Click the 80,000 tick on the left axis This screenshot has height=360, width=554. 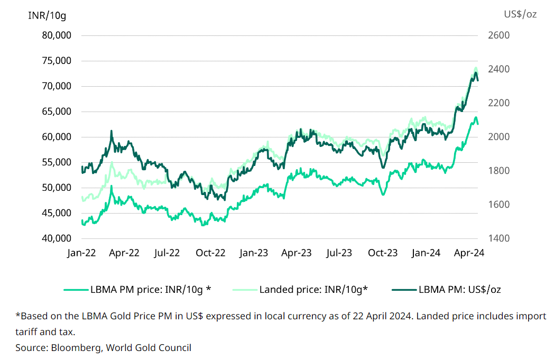pyautogui.click(x=57, y=35)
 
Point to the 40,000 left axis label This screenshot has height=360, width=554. pyautogui.click(x=57, y=238)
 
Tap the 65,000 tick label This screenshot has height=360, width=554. pyautogui.click(x=57, y=112)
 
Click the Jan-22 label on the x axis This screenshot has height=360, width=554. pyautogui.click(x=81, y=253)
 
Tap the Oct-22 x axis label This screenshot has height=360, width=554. pyautogui.click(x=210, y=253)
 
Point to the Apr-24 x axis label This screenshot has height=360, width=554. pyautogui.click(x=469, y=253)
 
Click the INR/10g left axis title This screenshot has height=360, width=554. pyautogui.click(x=47, y=15)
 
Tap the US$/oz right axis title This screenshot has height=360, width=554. pyautogui.click(x=521, y=15)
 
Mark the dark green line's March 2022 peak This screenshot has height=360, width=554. pyautogui.click(x=112, y=131)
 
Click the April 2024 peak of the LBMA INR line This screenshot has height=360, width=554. pyautogui.click(x=476, y=117)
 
